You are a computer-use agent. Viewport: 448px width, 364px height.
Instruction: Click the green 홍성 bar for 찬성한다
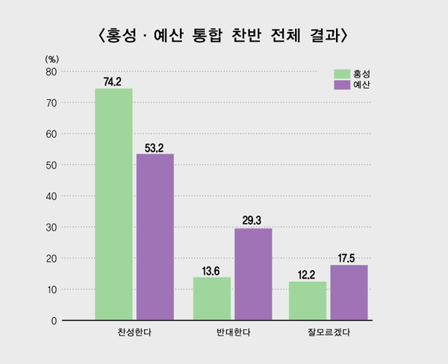[x=113, y=204]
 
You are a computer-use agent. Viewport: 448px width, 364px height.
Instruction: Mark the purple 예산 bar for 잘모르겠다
[x=349, y=292]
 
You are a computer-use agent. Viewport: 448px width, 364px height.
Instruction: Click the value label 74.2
[x=113, y=81]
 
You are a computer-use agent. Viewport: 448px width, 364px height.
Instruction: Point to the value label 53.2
[x=155, y=147]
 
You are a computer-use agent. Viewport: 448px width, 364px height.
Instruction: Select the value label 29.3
[x=253, y=221]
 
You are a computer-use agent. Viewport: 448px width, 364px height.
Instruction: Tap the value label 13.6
[x=212, y=271]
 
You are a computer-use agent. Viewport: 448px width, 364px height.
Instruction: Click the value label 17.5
[x=349, y=258]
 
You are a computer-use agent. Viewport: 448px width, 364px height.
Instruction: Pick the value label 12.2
[x=307, y=274]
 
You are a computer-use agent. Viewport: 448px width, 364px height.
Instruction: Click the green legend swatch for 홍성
[x=343, y=74]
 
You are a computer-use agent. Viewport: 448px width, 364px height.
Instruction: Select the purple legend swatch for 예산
[x=343, y=85]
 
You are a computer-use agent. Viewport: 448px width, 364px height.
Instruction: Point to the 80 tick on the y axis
[x=52, y=72]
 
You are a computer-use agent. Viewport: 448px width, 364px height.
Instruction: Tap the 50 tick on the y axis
[x=52, y=165]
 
